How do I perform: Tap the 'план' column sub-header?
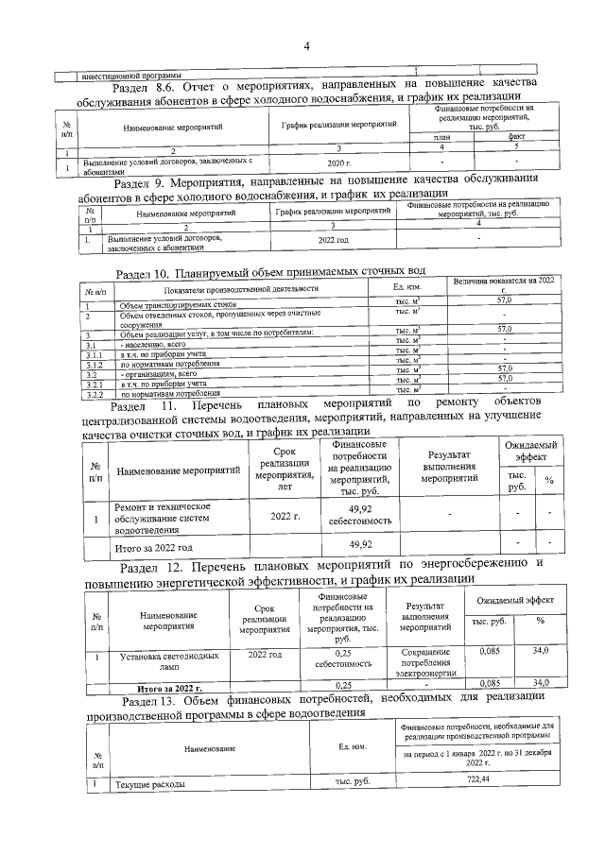click(438, 137)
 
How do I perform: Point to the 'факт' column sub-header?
click(516, 137)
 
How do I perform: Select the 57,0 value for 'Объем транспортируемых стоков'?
click(504, 299)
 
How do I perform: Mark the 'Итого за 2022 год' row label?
click(153, 547)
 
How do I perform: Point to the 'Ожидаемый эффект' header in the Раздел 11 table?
click(527, 452)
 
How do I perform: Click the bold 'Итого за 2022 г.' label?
click(170, 689)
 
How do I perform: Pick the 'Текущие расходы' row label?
click(147, 783)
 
